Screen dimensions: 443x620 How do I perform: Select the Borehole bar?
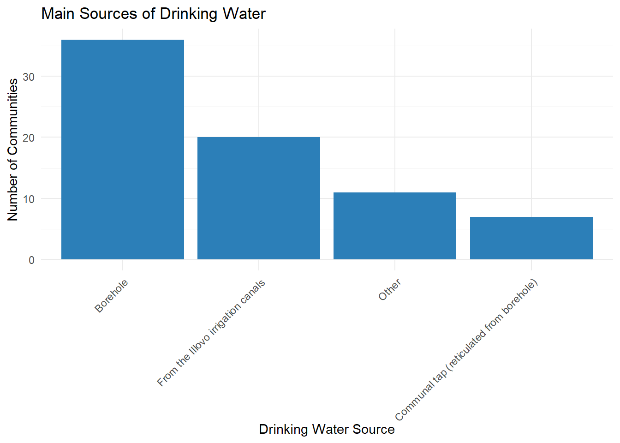(x=123, y=150)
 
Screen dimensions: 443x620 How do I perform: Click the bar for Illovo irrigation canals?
(x=259, y=198)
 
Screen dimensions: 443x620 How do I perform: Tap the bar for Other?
(x=395, y=226)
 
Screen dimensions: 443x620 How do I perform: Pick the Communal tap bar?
(x=531, y=238)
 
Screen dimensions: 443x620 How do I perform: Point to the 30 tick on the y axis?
(x=29, y=77)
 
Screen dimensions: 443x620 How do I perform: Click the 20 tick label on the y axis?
(x=29, y=138)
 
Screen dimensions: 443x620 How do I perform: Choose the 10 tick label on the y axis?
(x=29, y=199)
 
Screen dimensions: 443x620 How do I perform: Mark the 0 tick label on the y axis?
(x=31, y=260)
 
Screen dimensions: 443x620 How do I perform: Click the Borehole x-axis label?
(x=112, y=296)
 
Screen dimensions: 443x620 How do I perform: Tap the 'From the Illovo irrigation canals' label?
(x=211, y=333)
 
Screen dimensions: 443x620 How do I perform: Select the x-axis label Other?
(x=390, y=290)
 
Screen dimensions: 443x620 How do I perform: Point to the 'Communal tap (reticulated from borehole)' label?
(x=466, y=350)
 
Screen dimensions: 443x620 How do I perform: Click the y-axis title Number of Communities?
(x=13, y=150)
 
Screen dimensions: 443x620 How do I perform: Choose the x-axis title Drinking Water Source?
(x=327, y=429)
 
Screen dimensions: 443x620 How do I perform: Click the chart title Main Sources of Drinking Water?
(x=153, y=14)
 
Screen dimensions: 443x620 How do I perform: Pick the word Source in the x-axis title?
(x=374, y=429)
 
